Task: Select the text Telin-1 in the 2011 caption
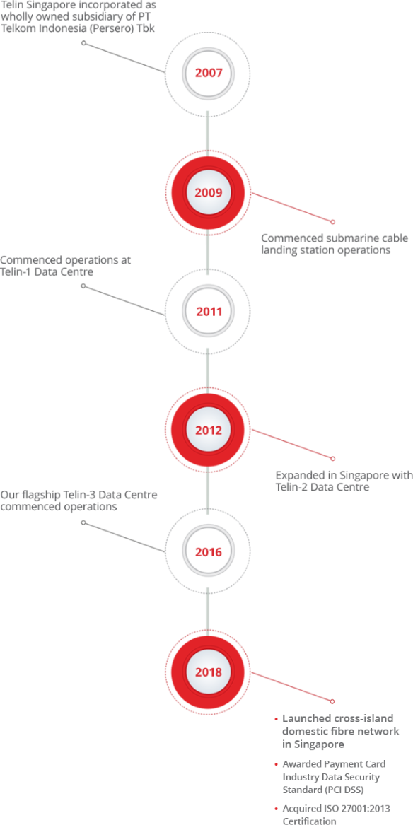click(x=17, y=272)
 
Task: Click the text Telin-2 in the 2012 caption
click(x=292, y=488)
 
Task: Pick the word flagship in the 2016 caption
click(x=37, y=495)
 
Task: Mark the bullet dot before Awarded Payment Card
click(x=277, y=765)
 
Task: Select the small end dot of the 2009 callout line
click(x=332, y=222)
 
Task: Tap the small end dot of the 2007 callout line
click(x=83, y=43)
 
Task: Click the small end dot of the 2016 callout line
click(x=83, y=523)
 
